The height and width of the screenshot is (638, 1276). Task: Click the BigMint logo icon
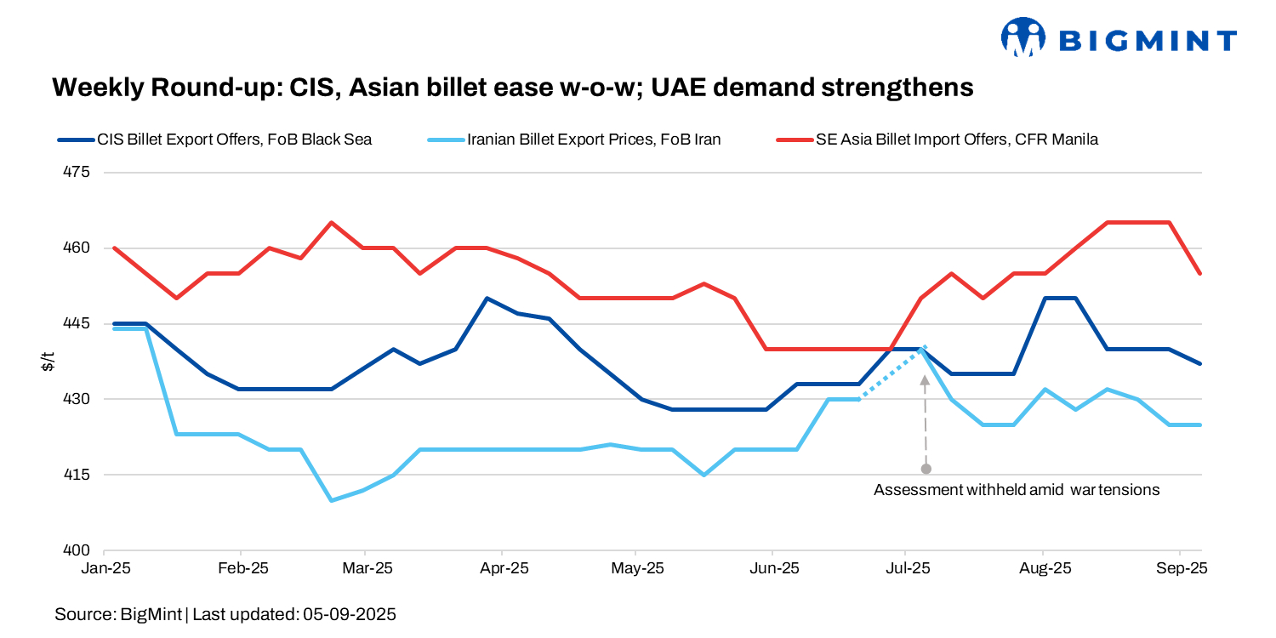[x=1022, y=37]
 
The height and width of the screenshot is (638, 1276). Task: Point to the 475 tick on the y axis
[x=77, y=173]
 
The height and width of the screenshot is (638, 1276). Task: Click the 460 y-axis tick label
[x=77, y=248]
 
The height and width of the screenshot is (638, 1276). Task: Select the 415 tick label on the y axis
[x=77, y=475]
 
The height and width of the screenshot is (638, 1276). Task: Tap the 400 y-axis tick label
[x=77, y=550]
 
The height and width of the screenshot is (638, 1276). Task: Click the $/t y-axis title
[x=49, y=362]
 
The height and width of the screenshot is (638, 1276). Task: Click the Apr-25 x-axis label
[x=504, y=568]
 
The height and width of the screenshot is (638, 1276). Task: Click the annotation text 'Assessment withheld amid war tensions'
[x=1017, y=490]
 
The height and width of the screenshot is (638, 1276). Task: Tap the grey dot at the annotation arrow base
[x=926, y=469]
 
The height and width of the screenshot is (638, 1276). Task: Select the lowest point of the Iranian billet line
[x=331, y=500]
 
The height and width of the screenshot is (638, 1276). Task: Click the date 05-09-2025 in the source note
[x=350, y=613]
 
